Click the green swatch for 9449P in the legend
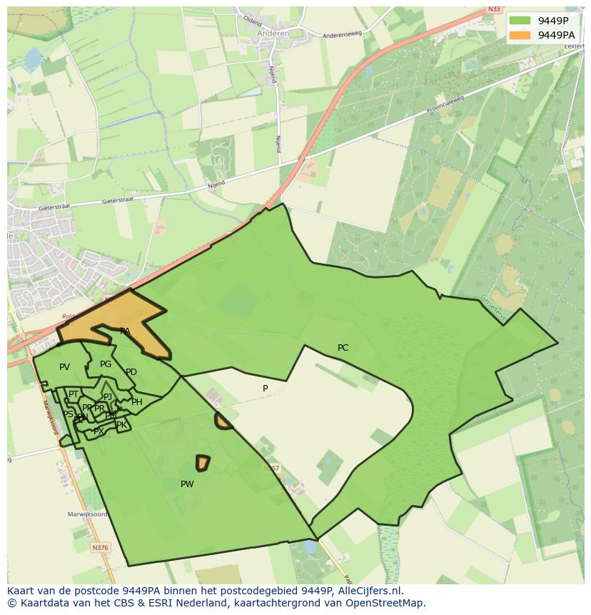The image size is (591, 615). [x=520, y=20]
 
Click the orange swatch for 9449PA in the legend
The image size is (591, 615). [x=520, y=35]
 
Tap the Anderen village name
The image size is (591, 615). [x=274, y=34]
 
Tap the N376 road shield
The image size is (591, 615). [x=100, y=548]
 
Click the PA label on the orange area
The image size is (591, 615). [x=125, y=331]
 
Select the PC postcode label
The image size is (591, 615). [x=343, y=348]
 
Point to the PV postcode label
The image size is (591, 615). [x=64, y=367]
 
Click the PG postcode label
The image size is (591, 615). [x=106, y=364]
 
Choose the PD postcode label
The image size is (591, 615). [x=131, y=372]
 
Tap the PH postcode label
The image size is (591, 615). [x=137, y=402]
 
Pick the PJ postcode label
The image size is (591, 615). [x=108, y=396]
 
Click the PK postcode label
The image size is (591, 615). [x=121, y=425]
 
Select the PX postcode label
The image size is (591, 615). [x=98, y=431]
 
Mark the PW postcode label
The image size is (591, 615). [x=187, y=484]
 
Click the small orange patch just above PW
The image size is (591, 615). [x=203, y=463]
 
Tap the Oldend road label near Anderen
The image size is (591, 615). [x=253, y=20]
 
